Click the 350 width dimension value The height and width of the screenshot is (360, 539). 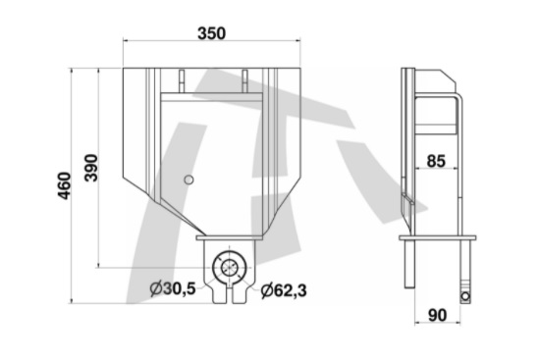(210, 33)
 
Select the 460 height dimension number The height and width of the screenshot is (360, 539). (64, 184)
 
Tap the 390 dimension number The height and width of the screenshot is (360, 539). (90, 169)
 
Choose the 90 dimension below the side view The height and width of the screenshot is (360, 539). (439, 316)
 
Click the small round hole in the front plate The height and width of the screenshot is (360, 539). (189, 180)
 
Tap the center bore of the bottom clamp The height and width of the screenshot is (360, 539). (228, 267)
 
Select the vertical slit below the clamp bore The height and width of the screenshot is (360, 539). (228, 291)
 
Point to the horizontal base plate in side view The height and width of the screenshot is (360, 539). (437, 237)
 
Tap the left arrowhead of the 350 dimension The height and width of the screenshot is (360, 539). (126, 42)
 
